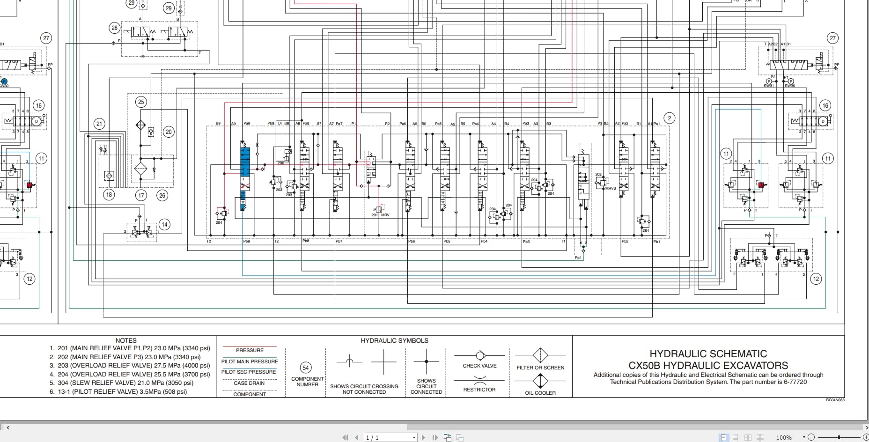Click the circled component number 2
[670, 118]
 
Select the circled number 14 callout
[164, 224]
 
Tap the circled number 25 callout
[141, 102]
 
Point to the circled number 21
[99, 124]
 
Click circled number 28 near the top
[114, 28]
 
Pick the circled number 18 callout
[109, 194]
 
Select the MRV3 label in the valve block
[611, 188]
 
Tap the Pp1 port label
[578, 258]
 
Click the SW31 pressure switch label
[768, 86]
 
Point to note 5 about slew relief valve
[125, 383]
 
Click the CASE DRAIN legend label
[249, 383]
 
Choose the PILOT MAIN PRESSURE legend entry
[250, 361]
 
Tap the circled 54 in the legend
[306, 368]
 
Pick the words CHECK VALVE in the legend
[479, 366]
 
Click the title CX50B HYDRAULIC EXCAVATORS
[708, 365]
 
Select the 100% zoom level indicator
[784, 437]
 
